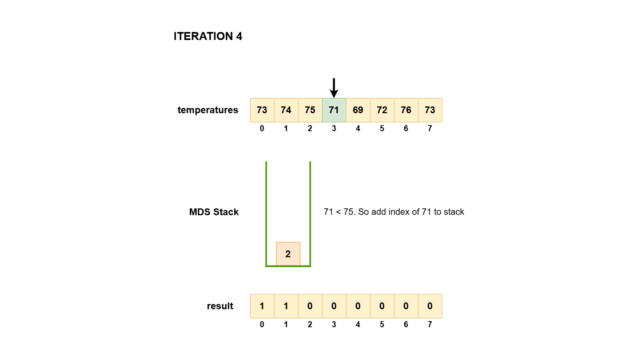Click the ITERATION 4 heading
[x=208, y=36]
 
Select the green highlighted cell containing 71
[x=334, y=110]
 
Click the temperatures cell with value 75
[x=310, y=110]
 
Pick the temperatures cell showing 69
[x=358, y=110]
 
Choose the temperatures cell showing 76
[x=406, y=110]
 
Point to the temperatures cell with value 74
[x=286, y=110]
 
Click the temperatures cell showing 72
[x=382, y=110]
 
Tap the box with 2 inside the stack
[x=288, y=254]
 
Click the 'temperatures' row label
[x=208, y=110]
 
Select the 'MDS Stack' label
[x=214, y=212]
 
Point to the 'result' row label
[x=220, y=306]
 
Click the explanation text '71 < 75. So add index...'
[x=394, y=212]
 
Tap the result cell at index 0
[x=262, y=306]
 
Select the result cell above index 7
[x=430, y=306]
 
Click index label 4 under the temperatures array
[x=358, y=128]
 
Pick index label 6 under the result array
[x=406, y=324]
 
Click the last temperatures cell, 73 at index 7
[x=430, y=110]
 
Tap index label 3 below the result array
[x=334, y=324]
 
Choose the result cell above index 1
[x=286, y=306]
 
